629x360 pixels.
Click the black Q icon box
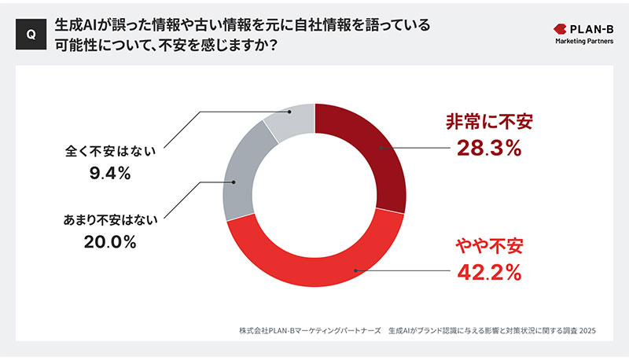pyautogui.click(x=31, y=34)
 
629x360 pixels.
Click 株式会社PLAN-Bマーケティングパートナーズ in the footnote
pyautogui.click(x=310, y=331)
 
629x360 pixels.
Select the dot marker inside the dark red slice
pyautogui.click(x=380, y=147)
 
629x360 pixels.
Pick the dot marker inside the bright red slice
pyautogui.click(x=355, y=272)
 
